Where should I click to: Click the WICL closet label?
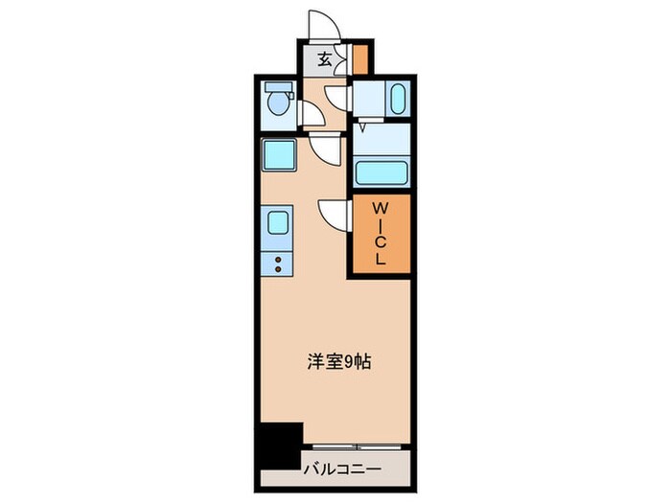click(x=380, y=233)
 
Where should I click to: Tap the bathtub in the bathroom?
click(x=381, y=173)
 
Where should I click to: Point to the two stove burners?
click(x=276, y=264)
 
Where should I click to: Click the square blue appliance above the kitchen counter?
click(x=278, y=152)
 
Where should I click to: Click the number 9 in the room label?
click(x=351, y=361)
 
